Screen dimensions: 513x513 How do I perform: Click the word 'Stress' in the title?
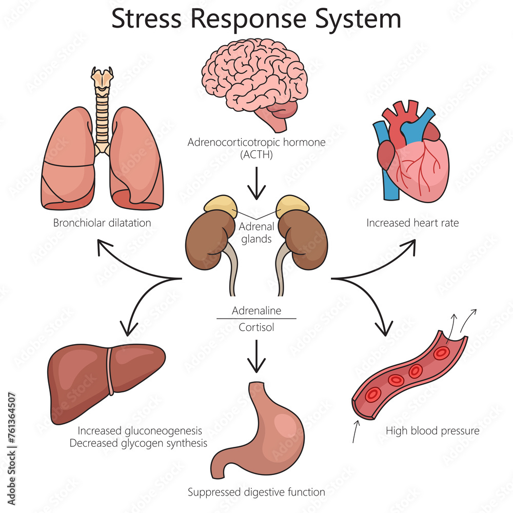point(146,19)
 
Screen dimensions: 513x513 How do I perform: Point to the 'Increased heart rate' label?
point(405,223)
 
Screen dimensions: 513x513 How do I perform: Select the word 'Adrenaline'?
point(256,311)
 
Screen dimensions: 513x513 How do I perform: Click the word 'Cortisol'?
point(256,326)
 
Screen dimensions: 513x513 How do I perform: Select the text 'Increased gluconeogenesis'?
point(140,430)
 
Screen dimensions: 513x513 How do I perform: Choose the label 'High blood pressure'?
point(432,431)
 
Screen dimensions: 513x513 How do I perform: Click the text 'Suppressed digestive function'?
point(256,492)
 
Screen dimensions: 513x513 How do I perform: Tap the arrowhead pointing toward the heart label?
point(410,244)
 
